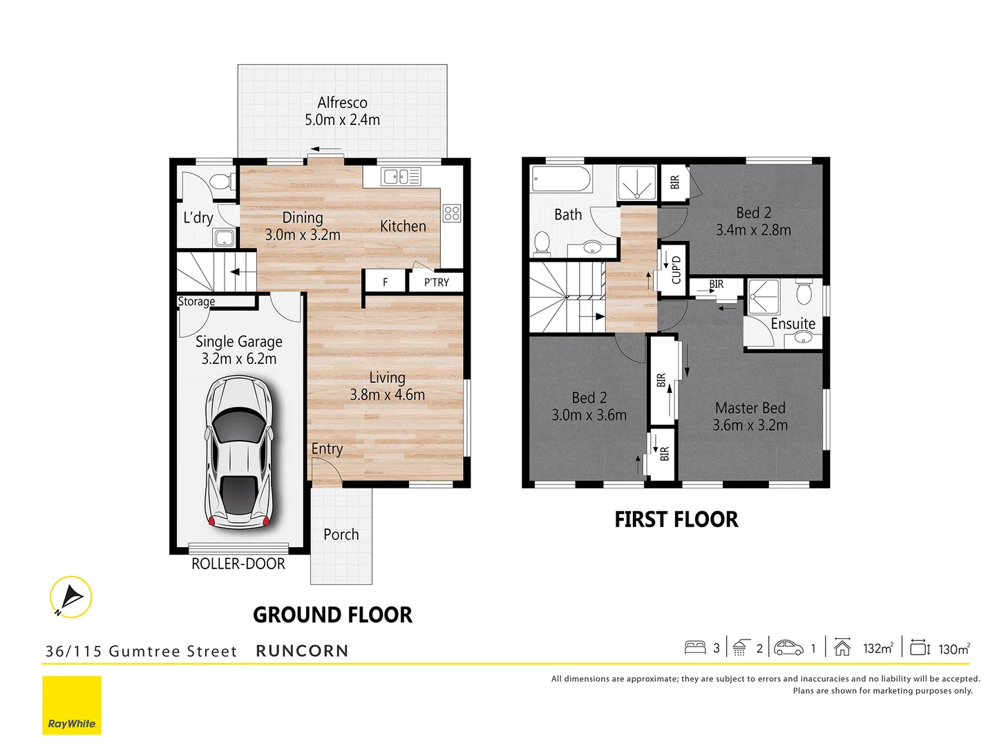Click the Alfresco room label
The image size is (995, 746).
(x=342, y=103)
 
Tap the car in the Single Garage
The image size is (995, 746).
(x=239, y=452)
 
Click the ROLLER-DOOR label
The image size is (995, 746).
(x=238, y=564)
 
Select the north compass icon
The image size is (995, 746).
(x=70, y=597)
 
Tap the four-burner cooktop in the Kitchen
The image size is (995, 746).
(x=452, y=213)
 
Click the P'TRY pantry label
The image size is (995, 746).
(x=436, y=282)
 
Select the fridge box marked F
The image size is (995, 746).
(x=385, y=282)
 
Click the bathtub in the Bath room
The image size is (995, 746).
(x=561, y=180)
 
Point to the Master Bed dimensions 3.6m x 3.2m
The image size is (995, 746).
(x=750, y=425)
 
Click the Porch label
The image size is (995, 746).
(x=341, y=535)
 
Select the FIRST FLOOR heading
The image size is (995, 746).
(x=676, y=519)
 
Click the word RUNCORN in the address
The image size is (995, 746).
(x=302, y=651)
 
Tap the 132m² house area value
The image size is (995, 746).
(x=878, y=648)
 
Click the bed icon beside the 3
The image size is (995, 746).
(x=694, y=647)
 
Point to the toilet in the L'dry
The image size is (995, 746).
(x=220, y=182)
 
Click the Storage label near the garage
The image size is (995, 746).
(x=196, y=302)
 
